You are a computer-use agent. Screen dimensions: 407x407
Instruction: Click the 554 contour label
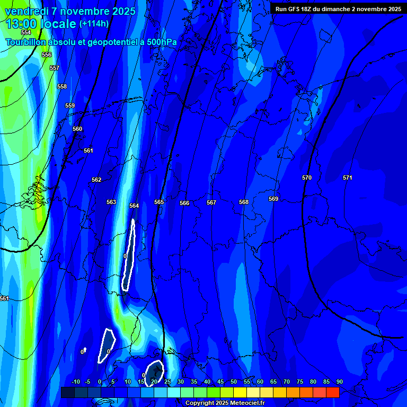tap(26, 33)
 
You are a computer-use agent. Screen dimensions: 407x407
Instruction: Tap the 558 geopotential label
tap(62, 86)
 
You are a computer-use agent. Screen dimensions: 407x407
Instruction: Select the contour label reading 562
tap(96, 180)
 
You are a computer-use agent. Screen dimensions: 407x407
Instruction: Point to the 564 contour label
tap(134, 206)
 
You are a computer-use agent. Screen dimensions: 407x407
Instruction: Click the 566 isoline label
tap(184, 203)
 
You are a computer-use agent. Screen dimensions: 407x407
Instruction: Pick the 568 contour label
tap(243, 202)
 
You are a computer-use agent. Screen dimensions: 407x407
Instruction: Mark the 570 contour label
tap(307, 178)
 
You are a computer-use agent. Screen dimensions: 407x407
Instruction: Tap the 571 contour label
tap(347, 178)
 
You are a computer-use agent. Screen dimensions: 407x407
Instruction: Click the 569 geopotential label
tap(273, 199)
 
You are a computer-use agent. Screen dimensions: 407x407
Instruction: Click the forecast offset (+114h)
tap(94, 24)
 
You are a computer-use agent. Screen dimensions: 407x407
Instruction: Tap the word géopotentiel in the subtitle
tap(110, 42)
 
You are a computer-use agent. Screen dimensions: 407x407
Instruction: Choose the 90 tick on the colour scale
tap(339, 382)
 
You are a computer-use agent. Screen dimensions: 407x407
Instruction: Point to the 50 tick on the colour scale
tap(234, 382)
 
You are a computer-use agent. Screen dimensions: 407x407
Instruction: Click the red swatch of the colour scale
tap(332, 392)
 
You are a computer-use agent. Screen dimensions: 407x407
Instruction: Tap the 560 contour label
tap(77, 129)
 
